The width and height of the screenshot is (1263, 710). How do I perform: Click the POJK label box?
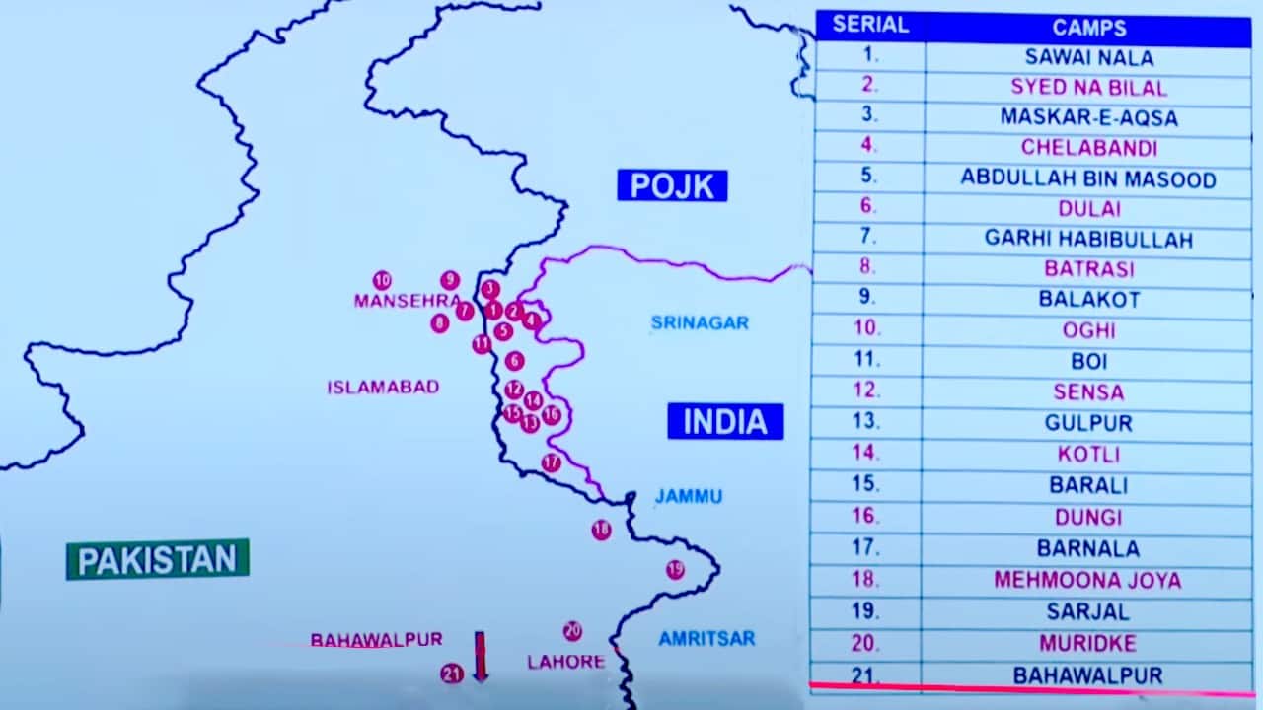pos(672,185)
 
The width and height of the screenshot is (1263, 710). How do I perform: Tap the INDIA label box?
pos(725,422)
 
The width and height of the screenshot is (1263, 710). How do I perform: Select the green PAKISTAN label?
pos(158,560)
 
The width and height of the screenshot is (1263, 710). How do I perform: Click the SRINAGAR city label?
pos(700,322)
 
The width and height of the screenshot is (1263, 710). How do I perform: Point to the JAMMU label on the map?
pos(689,496)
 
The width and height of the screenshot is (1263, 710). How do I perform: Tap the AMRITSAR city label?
pos(706,638)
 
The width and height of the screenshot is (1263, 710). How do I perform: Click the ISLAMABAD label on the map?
pos(383,388)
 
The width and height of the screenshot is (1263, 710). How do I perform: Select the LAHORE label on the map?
pos(565,662)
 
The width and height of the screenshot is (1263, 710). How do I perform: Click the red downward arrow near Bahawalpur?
pos(481,657)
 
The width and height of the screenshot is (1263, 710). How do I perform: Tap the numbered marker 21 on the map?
pos(452,674)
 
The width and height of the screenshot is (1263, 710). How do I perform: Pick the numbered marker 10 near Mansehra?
pos(382,280)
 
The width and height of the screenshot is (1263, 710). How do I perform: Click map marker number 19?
pos(675,569)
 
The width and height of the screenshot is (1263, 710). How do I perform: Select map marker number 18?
pos(601,531)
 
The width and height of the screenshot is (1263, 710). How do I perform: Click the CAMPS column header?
pos(1088,28)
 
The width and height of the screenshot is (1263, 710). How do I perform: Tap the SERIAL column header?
pos(869,25)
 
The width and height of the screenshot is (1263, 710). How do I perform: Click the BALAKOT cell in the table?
pos(1088,299)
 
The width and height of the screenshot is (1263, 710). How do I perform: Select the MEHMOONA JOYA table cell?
pos(1087,580)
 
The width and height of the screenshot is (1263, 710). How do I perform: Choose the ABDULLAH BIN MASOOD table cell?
pos(1087,178)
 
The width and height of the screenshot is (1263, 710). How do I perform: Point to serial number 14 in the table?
pos(865,454)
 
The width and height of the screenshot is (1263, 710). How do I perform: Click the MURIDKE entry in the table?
pos(1087,644)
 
